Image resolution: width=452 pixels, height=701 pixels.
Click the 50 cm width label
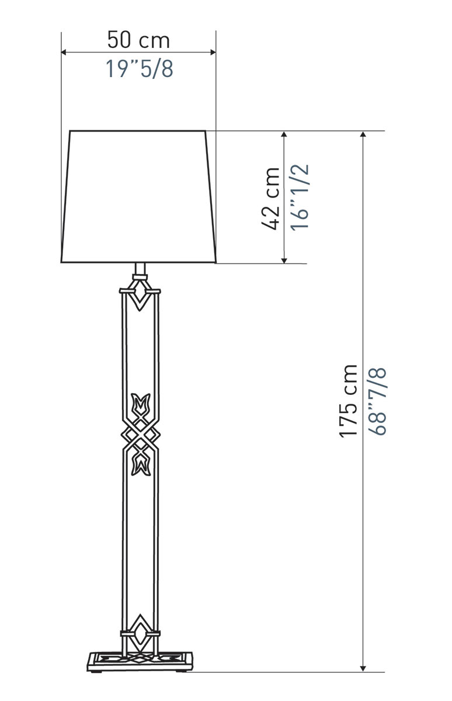pos(138,40)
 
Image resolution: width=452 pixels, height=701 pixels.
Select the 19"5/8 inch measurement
pos(139,69)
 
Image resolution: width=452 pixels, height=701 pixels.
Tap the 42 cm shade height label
pos(270,199)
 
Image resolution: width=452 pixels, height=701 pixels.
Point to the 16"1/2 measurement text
pos(300,198)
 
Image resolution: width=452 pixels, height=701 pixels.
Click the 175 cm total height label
pos(348,401)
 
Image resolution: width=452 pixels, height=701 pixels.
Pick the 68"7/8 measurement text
pos(377,402)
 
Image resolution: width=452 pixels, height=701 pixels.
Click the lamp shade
pos(138,196)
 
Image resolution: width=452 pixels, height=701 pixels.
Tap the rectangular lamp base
pos(140,661)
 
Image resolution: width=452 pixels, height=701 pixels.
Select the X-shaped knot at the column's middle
pos(141,435)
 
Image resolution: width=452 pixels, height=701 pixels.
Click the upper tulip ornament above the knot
pos(141,404)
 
